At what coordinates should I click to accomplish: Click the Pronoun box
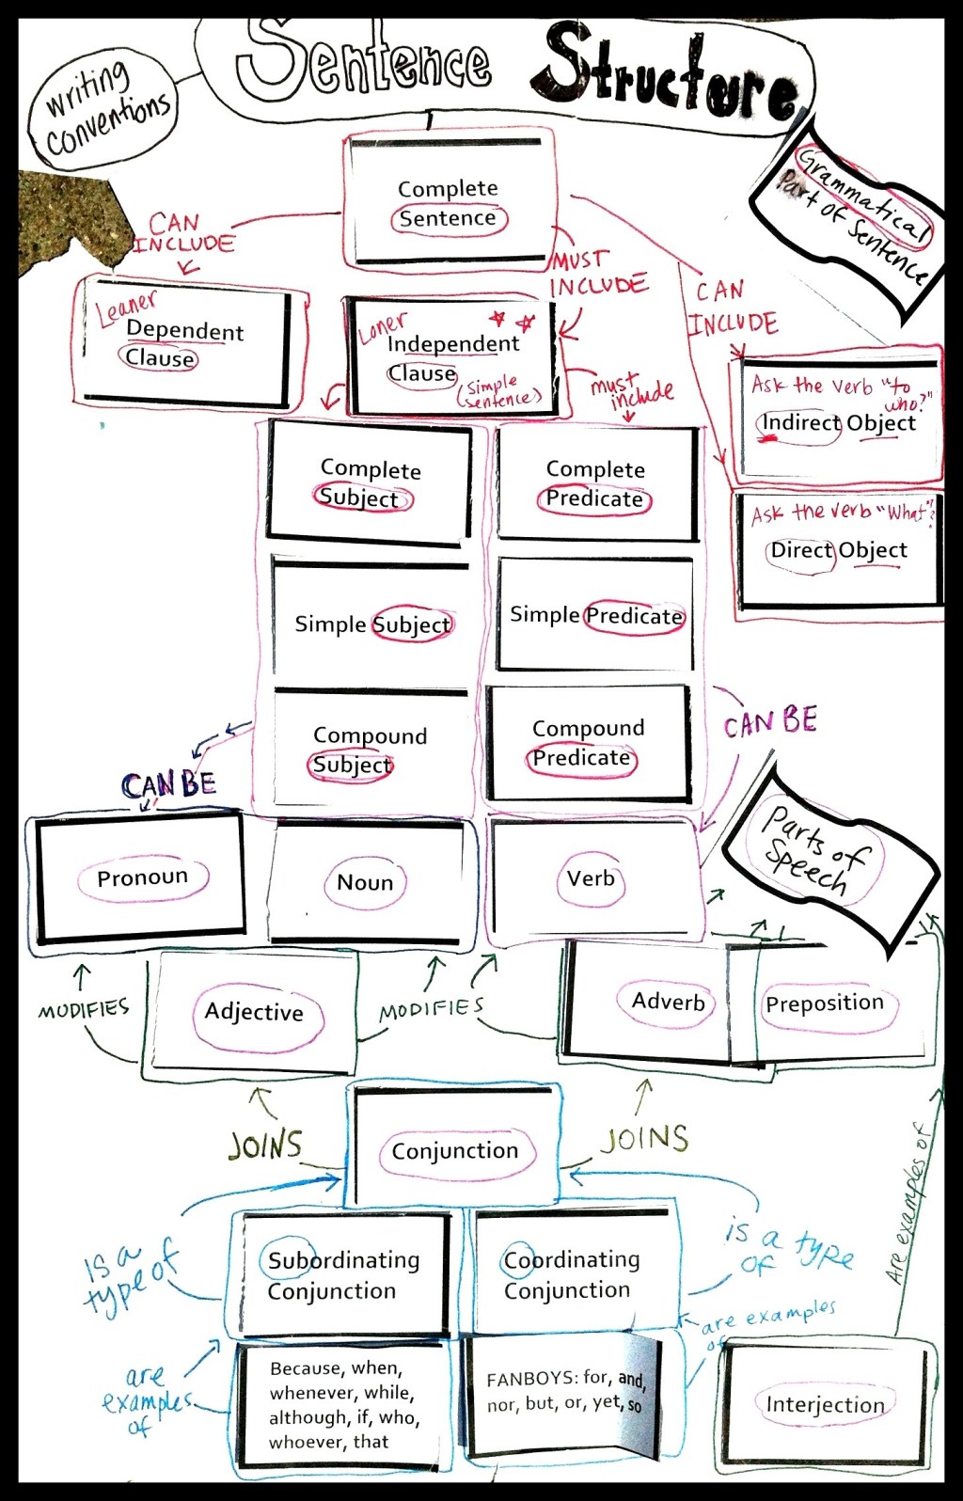pyautogui.click(x=141, y=877)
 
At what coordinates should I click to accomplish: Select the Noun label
pyautogui.click(x=365, y=882)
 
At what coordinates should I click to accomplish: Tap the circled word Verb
pyautogui.click(x=591, y=878)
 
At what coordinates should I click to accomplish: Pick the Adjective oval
pyautogui.click(x=255, y=1012)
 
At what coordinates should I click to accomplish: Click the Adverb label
pyautogui.click(x=668, y=1002)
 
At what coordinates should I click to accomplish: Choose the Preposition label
pyautogui.click(x=825, y=1003)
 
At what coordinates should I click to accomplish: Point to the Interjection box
pyautogui.click(x=825, y=1404)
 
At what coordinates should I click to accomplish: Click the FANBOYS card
pyautogui.click(x=564, y=1392)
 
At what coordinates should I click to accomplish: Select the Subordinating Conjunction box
pyautogui.click(x=343, y=1274)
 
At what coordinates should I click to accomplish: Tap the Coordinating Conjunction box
pyautogui.click(x=572, y=1274)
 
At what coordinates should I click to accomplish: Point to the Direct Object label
pyautogui.click(x=839, y=550)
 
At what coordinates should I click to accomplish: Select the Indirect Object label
pyautogui.click(x=838, y=423)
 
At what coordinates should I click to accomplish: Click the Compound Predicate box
pyautogui.click(x=588, y=743)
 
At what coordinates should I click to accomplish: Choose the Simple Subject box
pyautogui.click(x=372, y=624)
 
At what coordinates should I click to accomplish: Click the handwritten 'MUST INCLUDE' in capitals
pyautogui.click(x=598, y=273)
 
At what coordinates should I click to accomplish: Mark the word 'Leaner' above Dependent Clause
pyautogui.click(x=126, y=306)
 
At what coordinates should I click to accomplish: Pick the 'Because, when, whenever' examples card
pyautogui.click(x=344, y=1405)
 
